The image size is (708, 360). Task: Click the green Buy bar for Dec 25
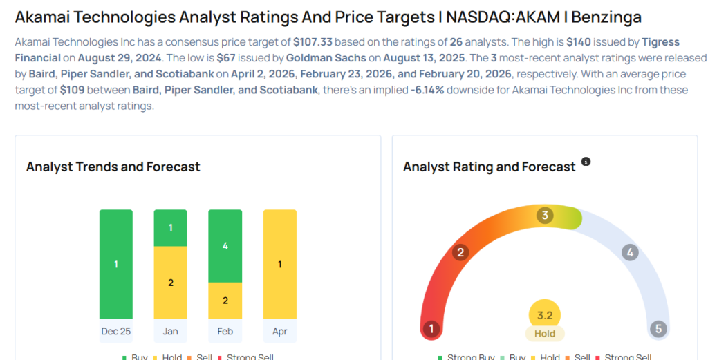pyautogui.click(x=115, y=264)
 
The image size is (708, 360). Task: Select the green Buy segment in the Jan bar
pyautogui.click(x=170, y=228)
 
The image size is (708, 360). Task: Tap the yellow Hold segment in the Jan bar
pyautogui.click(x=170, y=283)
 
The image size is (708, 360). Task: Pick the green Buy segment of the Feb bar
pyautogui.click(x=225, y=246)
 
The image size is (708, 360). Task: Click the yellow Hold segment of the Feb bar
pyautogui.click(x=225, y=301)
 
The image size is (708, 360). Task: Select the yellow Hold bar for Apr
pyautogui.click(x=279, y=264)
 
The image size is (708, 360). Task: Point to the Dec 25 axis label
pyautogui.click(x=115, y=331)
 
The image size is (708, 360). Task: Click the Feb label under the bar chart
pyautogui.click(x=225, y=331)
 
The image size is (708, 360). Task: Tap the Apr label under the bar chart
pyautogui.click(x=279, y=331)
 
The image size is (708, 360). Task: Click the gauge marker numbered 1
pyautogui.click(x=432, y=329)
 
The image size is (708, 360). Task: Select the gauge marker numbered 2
pyautogui.click(x=460, y=252)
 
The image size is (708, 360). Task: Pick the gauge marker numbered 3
pyautogui.click(x=545, y=216)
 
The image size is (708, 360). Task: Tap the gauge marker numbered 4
pyautogui.click(x=629, y=252)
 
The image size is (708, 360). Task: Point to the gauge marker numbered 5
pyautogui.click(x=658, y=329)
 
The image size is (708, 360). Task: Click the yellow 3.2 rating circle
pyautogui.click(x=545, y=316)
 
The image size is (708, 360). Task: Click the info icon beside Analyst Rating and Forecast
pyautogui.click(x=586, y=162)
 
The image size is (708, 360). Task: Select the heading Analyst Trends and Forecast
pyautogui.click(x=113, y=167)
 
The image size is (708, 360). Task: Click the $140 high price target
pyautogui.click(x=579, y=41)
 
